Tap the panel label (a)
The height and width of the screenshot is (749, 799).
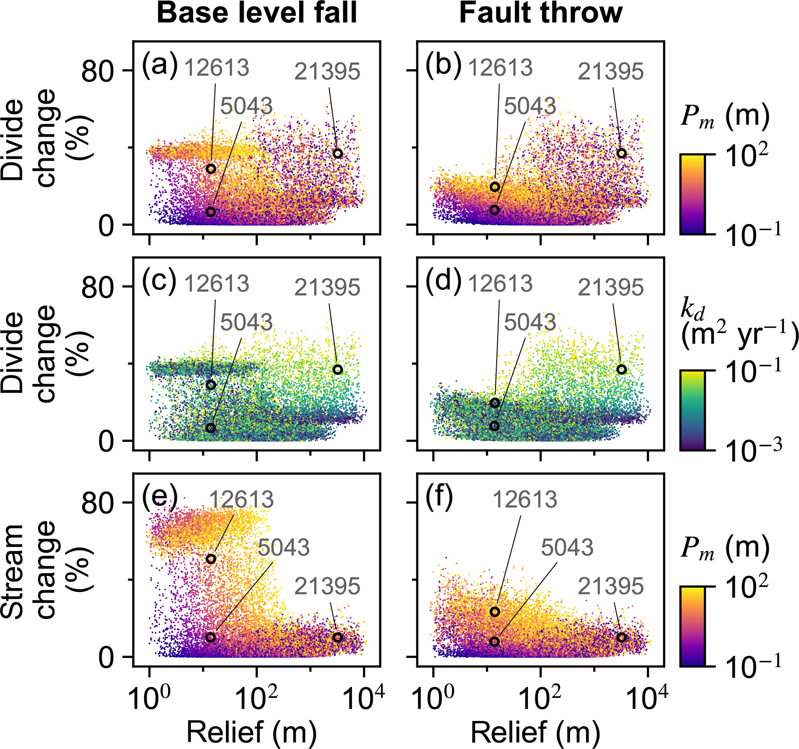pos(160,64)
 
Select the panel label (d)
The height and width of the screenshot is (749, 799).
pos(443,280)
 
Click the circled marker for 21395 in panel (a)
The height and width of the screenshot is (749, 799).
pos(337,153)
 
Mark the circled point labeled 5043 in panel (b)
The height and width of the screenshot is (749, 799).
pos(495,210)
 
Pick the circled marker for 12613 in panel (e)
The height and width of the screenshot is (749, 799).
pos(211,559)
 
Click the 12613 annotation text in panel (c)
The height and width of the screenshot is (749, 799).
pos(216,284)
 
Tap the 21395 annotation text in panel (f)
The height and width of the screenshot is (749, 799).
pos(610,586)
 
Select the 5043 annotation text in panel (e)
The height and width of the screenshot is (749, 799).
pos(284,547)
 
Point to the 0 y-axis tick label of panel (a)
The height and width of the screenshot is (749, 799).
pos(107,226)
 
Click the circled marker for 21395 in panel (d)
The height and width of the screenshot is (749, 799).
pos(621,370)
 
